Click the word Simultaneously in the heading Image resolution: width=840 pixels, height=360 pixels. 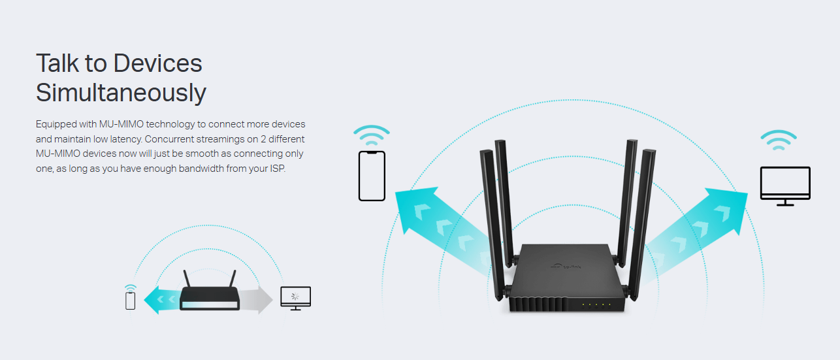coord(121,93)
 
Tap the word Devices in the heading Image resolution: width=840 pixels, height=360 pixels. coord(157,63)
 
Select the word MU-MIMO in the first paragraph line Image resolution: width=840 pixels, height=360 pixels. coord(121,124)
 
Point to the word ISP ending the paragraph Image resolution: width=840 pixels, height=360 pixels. coord(277,169)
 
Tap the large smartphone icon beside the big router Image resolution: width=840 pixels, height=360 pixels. coord(372,176)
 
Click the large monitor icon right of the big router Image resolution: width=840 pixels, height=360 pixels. coord(785,186)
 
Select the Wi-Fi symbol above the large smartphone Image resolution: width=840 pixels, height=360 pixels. coord(372,135)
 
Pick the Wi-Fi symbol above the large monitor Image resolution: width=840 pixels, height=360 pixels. coord(779,140)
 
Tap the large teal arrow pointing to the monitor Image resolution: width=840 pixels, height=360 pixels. coord(694,233)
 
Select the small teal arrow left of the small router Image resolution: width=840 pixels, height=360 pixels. coord(163,300)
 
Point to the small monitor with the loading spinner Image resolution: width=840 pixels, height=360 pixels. coord(295,299)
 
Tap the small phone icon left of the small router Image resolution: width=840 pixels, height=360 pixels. coord(130,301)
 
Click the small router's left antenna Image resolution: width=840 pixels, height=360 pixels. coord(187,279)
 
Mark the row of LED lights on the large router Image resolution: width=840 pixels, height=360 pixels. coord(596,304)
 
